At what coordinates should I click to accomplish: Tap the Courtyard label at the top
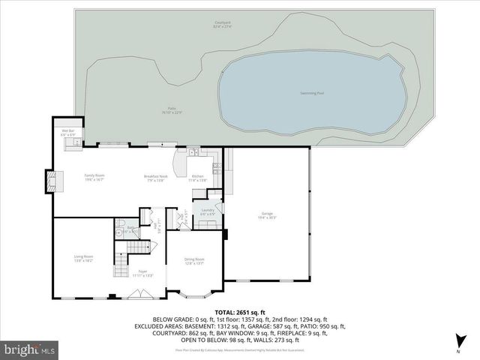pos(223,25)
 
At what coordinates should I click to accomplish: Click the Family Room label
pos(94,177)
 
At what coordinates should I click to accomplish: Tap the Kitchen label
pos(196,177)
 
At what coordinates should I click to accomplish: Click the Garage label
pos(268,215)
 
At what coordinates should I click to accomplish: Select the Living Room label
pos(83,258)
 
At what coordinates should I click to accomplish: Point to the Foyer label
pos(142,272)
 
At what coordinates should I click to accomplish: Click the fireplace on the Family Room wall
pos(51,180)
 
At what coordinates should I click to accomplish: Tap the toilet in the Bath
pos(121,224)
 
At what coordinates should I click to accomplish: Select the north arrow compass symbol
pos(457,343)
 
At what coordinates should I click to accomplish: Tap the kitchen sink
pos(193,155)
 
